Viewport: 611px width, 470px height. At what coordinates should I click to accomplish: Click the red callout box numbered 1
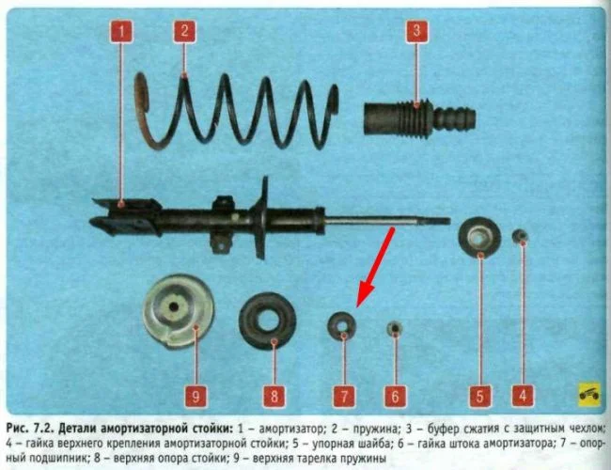121,31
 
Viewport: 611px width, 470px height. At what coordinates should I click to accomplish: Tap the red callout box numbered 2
184,31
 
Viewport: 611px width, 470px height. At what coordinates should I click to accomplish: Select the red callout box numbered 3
416,31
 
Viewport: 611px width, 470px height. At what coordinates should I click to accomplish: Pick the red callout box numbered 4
523,396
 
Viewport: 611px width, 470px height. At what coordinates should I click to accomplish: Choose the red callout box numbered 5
479,396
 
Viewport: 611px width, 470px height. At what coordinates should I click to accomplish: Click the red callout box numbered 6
395,397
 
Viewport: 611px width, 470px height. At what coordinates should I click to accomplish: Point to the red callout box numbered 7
344,397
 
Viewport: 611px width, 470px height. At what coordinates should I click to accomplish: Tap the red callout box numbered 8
274,397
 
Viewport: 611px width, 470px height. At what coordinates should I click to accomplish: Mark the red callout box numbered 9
196,397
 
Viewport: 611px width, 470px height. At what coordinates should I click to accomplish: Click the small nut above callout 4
520,236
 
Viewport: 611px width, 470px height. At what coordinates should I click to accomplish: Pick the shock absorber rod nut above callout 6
395,329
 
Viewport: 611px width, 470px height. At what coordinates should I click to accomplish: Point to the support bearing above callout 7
342,325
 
